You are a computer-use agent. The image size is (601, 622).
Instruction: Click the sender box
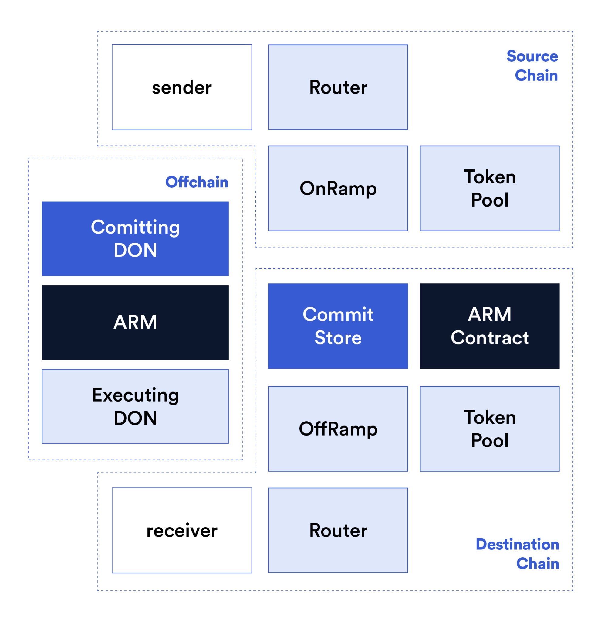182,87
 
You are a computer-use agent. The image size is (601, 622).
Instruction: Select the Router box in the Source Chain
338,87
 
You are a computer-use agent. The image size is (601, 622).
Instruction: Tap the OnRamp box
338,188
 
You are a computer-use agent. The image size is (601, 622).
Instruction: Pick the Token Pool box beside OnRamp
490,188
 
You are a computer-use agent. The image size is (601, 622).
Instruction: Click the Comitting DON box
135,239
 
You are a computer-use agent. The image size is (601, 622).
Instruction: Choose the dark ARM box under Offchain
135,323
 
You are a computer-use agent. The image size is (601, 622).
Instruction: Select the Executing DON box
135,407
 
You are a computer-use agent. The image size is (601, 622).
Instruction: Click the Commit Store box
338,326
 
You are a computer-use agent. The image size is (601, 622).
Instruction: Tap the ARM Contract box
490,326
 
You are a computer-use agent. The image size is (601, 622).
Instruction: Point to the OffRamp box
338,429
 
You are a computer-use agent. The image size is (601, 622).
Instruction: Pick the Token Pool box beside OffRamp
490,429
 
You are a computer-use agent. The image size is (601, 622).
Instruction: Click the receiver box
182,531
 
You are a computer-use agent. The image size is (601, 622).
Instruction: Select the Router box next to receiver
338,531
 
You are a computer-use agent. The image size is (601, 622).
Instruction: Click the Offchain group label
197,182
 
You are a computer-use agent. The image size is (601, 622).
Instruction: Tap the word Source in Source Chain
532,56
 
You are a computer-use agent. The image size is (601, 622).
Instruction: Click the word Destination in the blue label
517,544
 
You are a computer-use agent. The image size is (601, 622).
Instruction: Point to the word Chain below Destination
538,564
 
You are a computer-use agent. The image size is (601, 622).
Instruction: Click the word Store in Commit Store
338,338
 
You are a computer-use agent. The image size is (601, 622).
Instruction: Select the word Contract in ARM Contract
490,338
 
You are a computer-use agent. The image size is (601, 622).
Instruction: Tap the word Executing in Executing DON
135,395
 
